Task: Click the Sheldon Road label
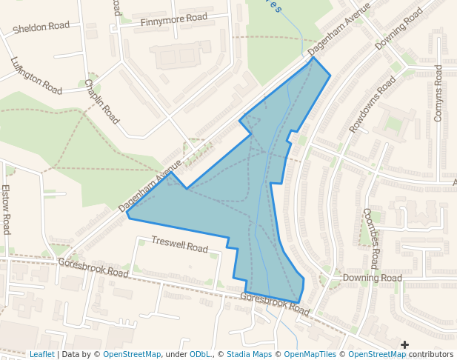pyautogui.click(x=41, y=27)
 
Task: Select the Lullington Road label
pyautogui.click(x=36, y=76)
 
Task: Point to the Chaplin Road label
pyautogui.click(x=101, y=101)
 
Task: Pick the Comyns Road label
pyautogui.click(x=438, y=93)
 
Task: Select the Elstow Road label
pyautogui.click(x=6, y=209)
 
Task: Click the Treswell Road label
pyautogui.click(x=179, y=244)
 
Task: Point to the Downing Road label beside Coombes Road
pyautogui.click(x=372, y=278)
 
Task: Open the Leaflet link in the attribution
pyautogui.click(x=41, y=354)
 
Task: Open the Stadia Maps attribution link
pyautogui.click(x=249, y=354)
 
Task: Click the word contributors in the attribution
pyautogui.click(x=430, y=354)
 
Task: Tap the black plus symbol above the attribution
pyautogui.click(x=404, y=344)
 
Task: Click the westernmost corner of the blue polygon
pyautogui.click(x=127, y=216)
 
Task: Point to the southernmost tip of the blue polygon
pyautogui.click(x=299, y=303)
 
